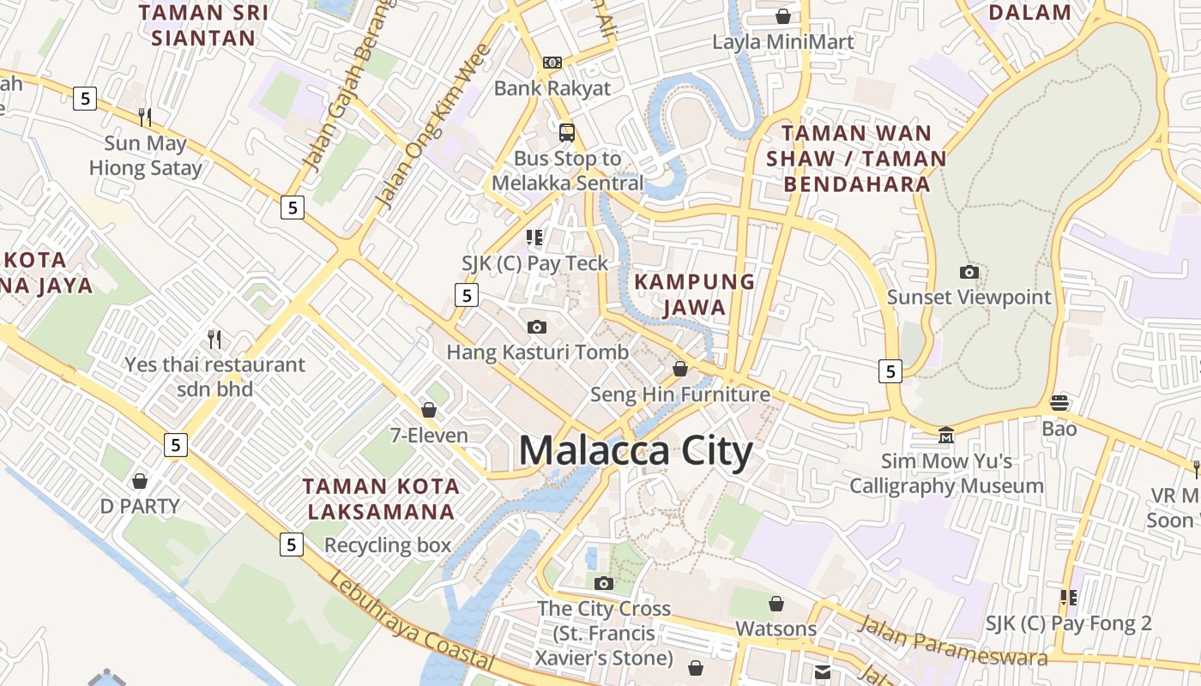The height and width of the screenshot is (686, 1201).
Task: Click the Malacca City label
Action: (636, 451)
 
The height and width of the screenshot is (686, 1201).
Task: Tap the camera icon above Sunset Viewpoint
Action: (969, 273)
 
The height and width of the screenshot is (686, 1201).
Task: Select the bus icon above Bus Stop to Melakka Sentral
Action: (567, 133)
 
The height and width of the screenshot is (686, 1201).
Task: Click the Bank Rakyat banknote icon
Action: (552, 63)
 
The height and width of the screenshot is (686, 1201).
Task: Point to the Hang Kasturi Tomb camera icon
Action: (537, 327)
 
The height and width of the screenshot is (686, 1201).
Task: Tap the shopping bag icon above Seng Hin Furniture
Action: (680, 369)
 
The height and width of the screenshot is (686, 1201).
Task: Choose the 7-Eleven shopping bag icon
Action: (429, 410)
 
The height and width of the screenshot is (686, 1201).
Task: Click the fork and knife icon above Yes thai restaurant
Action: (214, 340)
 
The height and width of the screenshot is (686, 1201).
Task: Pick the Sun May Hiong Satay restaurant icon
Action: (145, 117)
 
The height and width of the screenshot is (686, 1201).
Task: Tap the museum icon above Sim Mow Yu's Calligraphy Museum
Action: (946, 436)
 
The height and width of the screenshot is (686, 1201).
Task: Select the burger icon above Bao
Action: (1059, 403)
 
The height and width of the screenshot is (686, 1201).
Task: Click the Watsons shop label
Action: (776, 629)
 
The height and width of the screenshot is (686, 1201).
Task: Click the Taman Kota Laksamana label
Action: (381, 499)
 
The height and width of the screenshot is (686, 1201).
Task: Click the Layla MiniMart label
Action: (783, 42)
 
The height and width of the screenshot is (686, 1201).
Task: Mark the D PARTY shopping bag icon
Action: (140, 480)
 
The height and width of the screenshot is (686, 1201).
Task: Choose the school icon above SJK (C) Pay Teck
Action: (535, 238)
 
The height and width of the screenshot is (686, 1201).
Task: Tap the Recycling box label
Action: (387, 545)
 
